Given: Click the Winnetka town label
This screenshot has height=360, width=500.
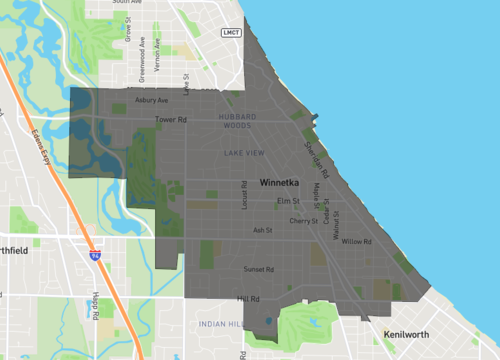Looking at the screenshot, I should point(278,184).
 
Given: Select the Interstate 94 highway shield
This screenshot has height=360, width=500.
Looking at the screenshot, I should point(94,256).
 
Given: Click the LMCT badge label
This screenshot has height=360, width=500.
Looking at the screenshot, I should point(231,33).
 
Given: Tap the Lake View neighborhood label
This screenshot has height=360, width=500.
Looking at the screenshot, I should point(245,152).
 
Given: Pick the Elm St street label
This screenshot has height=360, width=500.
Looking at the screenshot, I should point(287,202).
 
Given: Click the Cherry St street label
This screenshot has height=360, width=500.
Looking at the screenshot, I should point(302,220).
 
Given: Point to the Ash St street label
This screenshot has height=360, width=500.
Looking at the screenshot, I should point(263,230).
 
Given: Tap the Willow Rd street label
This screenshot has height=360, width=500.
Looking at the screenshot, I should point(356,242).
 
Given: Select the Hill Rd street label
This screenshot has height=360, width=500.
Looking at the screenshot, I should point(248,299).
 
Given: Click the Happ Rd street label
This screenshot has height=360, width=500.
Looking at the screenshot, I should point(95,306).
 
